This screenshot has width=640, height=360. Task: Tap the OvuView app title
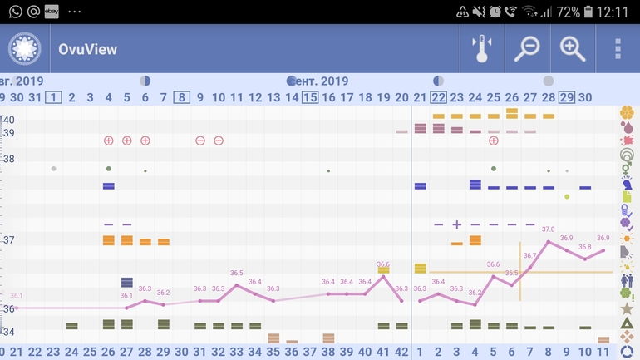click(87, 49)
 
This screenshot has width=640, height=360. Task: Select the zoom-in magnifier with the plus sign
click(573, 49)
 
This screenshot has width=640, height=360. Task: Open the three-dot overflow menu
click(618, 49)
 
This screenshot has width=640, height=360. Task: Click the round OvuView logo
click(25, 49)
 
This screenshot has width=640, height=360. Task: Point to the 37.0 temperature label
click(548, 229)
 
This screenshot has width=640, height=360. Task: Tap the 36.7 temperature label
click(529, 255)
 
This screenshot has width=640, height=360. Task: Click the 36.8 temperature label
click(584, 247)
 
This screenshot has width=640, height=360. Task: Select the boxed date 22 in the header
click(438, 97)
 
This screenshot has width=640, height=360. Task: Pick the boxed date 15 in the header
click(310, 97)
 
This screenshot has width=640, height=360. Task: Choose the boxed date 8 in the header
click(182, 97)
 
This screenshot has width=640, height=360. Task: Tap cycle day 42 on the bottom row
click(401, 352)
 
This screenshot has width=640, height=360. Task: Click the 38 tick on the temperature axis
click(8, 159)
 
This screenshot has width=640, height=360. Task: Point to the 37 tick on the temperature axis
click(8, 240)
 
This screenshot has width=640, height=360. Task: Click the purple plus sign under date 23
click(456, 224)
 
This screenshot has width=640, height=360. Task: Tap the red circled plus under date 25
click(493, 141)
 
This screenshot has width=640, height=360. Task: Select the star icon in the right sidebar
click(627, 308)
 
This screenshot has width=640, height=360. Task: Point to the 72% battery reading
click(569, 12)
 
